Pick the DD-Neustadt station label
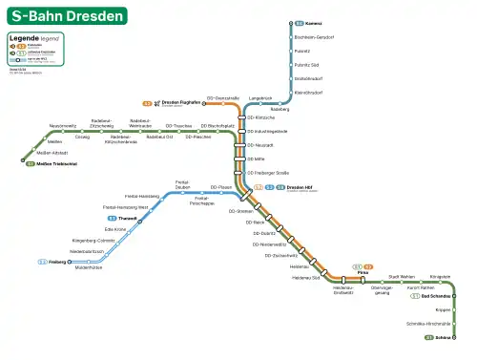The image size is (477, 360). point(260,144)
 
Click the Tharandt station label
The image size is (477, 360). point(129,219)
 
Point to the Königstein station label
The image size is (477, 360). point(440,276)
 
